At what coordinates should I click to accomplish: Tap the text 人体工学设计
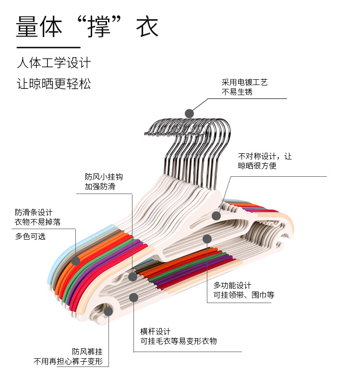tap(54, 63)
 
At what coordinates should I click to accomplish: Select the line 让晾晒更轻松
tap(54, 84)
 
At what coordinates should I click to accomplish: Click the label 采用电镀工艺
tap(244, 83)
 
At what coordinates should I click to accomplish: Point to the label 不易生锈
tap(237, 92)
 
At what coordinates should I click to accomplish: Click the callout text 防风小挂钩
tap(104, 177)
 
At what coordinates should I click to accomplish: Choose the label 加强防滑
tap(100, 186)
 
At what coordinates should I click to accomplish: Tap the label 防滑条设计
tap(34, 212)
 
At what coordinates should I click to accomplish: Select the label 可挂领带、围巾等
tap(244, 295)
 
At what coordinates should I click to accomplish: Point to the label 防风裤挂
tap(87, 352)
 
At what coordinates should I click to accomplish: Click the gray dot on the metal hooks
tap(189, 113)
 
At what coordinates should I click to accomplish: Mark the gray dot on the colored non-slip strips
tap(75, 261)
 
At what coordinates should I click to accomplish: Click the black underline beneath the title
tap(48, 48)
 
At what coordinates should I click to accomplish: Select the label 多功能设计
tap(232, 286)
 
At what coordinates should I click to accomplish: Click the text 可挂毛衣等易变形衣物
tap(179, 341)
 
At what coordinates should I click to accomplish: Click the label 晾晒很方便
tap(257, 166)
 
